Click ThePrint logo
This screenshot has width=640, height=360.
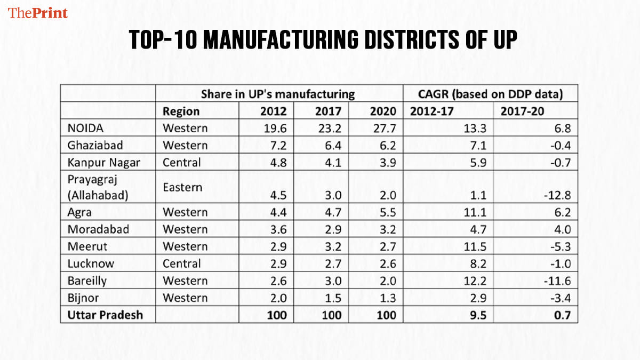point(38,13)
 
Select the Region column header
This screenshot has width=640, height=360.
point(181,111)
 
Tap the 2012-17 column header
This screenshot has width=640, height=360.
point(431,111)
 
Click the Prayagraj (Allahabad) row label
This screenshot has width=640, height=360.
point(98,188)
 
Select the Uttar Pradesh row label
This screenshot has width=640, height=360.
point(105,315)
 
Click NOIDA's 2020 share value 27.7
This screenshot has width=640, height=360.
point(385,128)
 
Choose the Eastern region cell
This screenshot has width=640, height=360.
point(182,187)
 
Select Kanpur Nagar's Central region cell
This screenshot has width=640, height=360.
point(182,162)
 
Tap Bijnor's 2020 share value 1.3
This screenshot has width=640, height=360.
point(387,298)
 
